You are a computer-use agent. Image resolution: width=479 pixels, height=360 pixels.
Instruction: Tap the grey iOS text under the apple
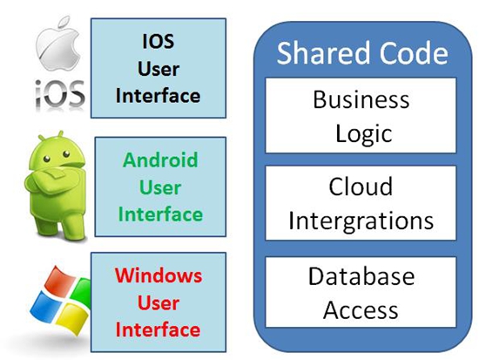[59, 93]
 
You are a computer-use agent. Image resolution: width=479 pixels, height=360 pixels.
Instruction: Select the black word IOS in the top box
[159, 41]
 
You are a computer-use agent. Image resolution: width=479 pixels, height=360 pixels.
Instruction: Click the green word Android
[160, 160]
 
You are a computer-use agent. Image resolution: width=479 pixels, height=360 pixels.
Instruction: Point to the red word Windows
[159, 275]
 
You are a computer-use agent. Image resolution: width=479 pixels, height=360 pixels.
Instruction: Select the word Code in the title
[414, 53]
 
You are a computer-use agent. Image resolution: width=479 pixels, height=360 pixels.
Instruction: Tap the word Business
[361, 99]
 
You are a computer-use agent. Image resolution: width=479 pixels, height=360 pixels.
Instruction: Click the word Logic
[363, 134]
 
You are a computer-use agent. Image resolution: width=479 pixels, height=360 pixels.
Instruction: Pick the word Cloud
[361, 187]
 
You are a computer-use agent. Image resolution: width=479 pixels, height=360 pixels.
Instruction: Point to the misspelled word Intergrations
[361, 221]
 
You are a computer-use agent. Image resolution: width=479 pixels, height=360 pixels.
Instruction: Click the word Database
[361, 276]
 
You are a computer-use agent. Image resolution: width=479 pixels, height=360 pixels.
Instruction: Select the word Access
[361, 310]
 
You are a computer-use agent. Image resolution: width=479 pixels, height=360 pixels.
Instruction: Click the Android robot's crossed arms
[53, 180]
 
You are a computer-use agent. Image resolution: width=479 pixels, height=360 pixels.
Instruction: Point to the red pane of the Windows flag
[58, 281]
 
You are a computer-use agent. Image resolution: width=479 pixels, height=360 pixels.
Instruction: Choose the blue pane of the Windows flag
[45, 305]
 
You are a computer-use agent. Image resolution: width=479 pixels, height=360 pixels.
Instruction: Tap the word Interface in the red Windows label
[158, 330]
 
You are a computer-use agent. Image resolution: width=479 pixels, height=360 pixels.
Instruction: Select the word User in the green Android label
[160, 187]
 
